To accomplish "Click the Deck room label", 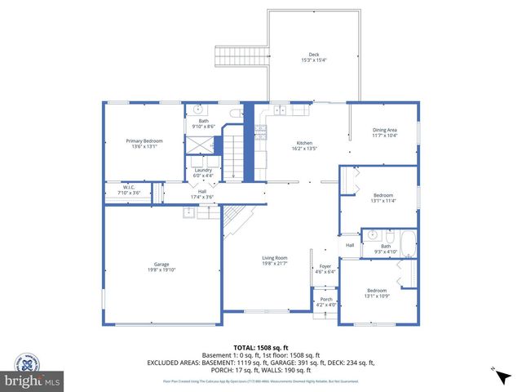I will click(x=313, y=55).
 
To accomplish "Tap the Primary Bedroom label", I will click(x=144, y=140).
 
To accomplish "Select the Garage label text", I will click(x=161, y=264).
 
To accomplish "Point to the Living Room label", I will click(x=275, y=257).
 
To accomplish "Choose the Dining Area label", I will click(x=385, y=130).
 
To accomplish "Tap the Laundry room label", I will click(x=202, y=171).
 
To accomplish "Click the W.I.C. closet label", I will click(x=128, y=187).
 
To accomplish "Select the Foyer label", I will click(x=325, y=266).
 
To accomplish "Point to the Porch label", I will click(x=325, y=299).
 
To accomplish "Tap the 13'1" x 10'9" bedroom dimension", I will click(x=376, y=296).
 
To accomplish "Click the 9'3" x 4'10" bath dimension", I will click(x=386, y=251).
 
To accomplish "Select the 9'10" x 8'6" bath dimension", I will click(x=203, y=127).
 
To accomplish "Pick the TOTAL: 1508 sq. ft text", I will click(x=261, y=348).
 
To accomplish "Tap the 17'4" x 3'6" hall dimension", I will click(x=201, y=197).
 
